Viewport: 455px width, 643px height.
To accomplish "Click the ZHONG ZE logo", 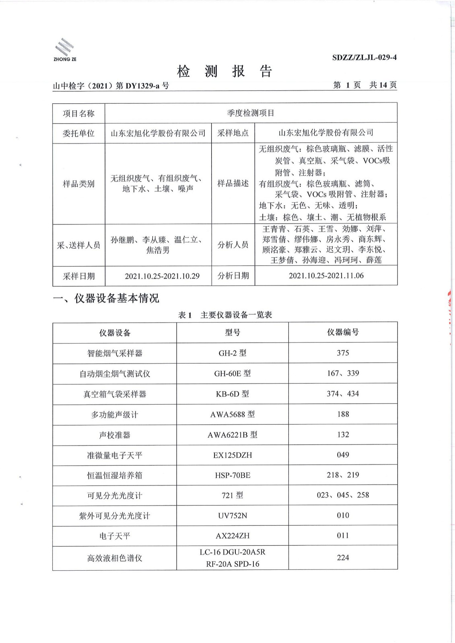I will point(65,50).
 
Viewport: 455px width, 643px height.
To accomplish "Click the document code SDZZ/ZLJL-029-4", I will point(364,57).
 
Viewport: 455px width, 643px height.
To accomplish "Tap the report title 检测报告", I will point(225,72).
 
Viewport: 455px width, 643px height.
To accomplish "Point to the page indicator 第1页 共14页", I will point(365,85).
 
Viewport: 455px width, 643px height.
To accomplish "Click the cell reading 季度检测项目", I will point(251,113).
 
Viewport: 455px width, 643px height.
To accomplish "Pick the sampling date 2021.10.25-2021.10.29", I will point(162,276).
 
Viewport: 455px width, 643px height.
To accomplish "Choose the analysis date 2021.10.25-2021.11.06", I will point(326,276).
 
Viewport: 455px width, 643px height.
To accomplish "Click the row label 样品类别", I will point(78,184).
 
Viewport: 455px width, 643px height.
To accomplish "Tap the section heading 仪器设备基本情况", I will point(117,298).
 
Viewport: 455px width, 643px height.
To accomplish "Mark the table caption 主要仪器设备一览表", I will point(236,315).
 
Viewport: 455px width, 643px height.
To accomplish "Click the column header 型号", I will point(233,333).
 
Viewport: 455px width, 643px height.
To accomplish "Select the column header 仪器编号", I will point(343,332).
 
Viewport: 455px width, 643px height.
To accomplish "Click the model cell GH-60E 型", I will point(233,373).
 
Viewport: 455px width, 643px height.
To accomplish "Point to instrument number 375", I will point(343,353).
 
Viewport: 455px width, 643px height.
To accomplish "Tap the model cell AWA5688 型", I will point(233,414).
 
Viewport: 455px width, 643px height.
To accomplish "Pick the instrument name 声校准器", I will point(115,435).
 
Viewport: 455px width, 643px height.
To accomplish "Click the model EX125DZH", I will point(233,455).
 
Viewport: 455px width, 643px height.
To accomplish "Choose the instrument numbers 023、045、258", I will point(343,495).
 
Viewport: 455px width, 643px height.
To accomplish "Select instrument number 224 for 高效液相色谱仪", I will point(343,558).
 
